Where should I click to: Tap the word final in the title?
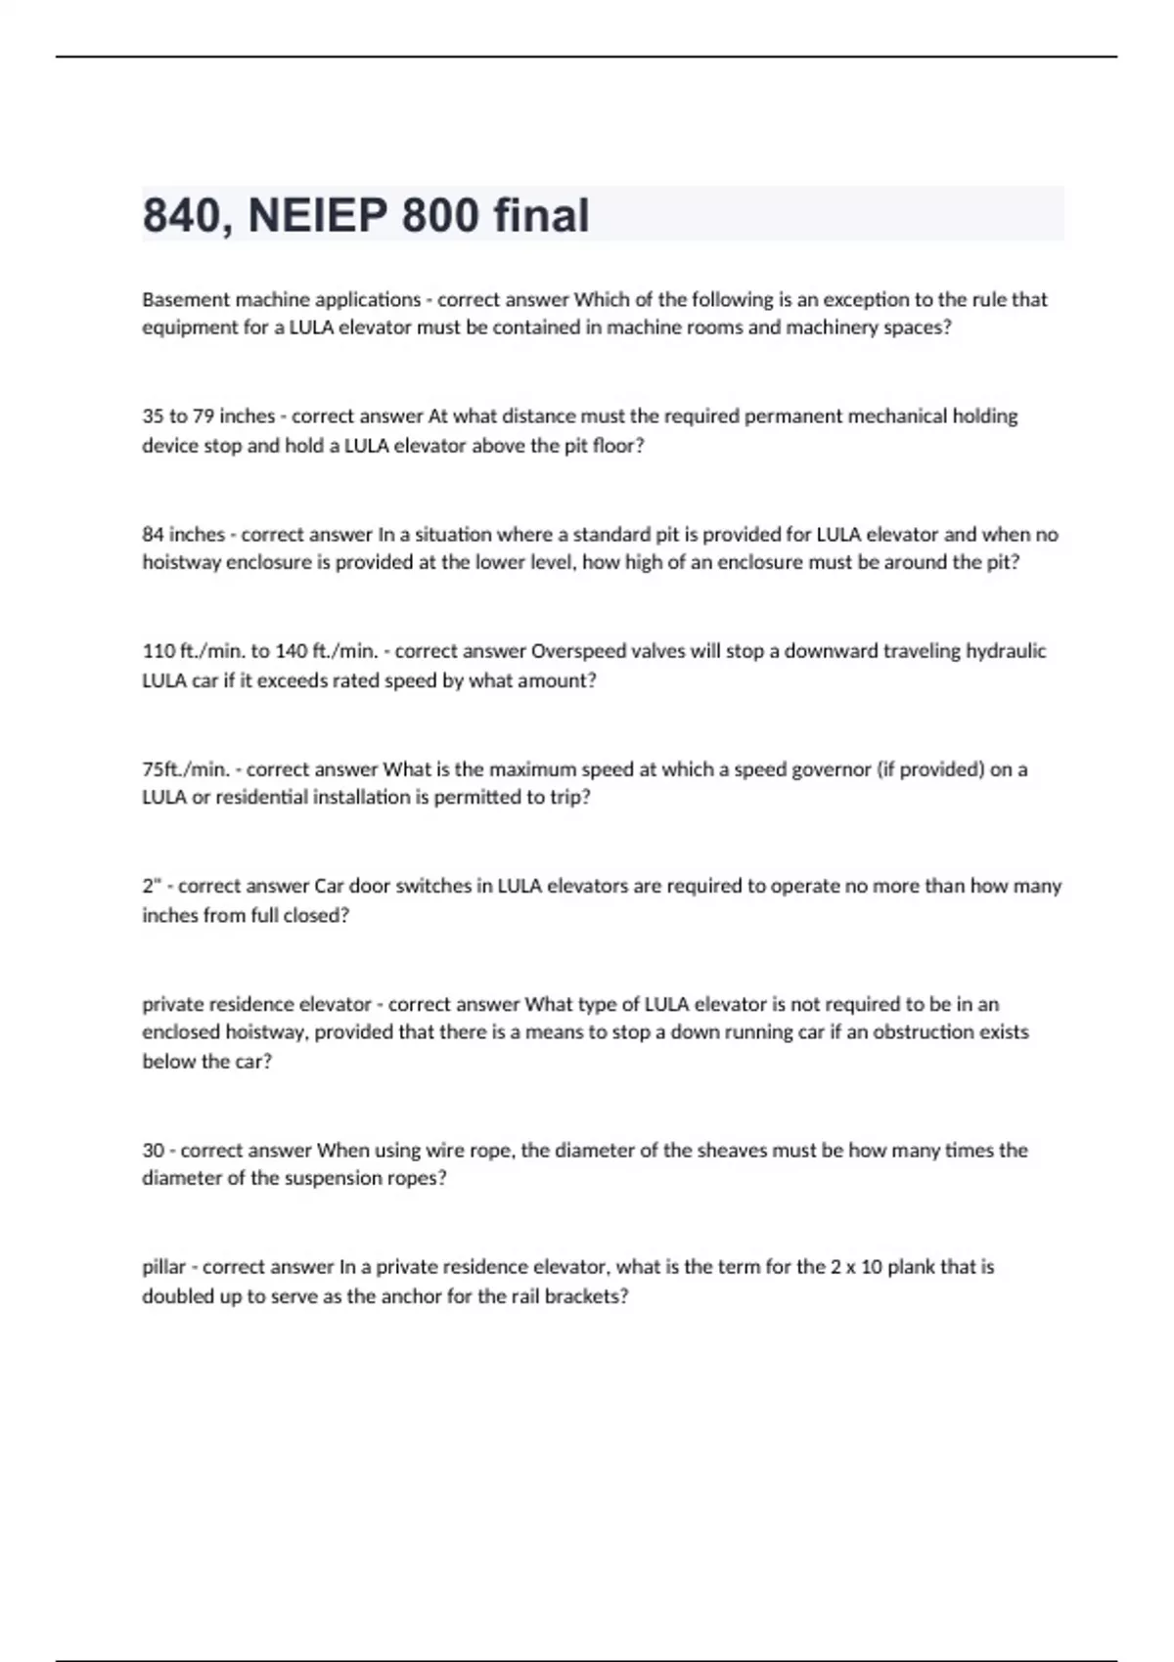click(541, 216)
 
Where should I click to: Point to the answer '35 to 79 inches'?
click(208, 416)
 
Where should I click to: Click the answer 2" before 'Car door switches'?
click(151, 886)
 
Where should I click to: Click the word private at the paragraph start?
click(169, 1004)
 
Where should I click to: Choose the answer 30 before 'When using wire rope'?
click(153, 1151)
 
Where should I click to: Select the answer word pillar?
click(163, 1267)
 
